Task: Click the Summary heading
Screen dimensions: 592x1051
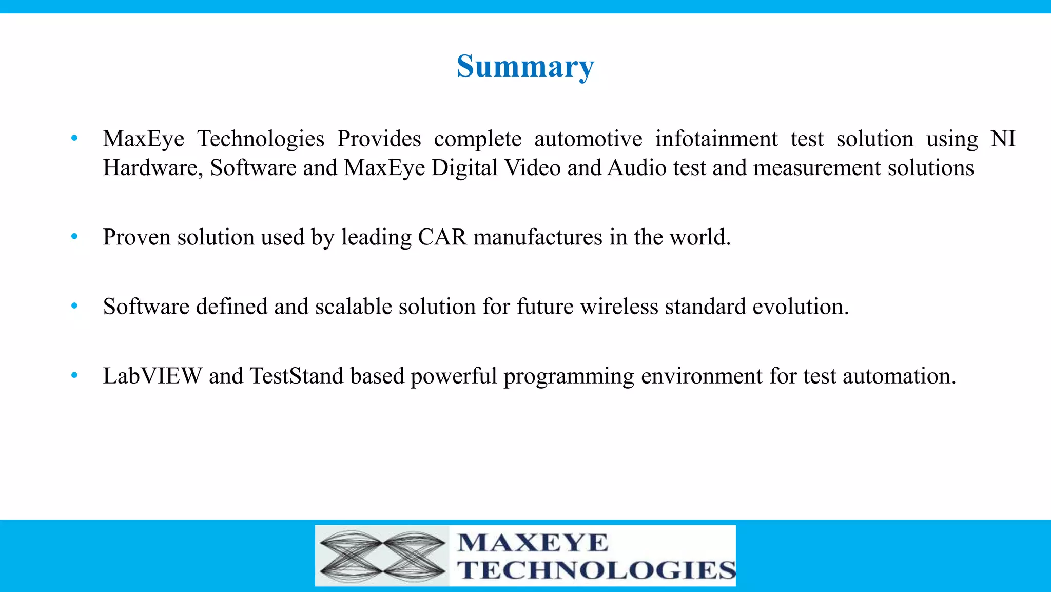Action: (525, 67)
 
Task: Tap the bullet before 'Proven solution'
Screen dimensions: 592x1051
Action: (74, 237)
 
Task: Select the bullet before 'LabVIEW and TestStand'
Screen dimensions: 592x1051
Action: (74, 376)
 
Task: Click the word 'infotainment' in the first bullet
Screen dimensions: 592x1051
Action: (716, 139)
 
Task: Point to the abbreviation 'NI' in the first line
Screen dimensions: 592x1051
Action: (1002, 139)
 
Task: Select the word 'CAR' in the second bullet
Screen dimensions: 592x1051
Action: (442, 237)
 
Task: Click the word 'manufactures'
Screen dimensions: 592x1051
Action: (537, 237)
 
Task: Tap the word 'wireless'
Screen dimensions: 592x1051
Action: (619, 307)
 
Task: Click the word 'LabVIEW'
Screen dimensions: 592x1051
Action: (152, 376)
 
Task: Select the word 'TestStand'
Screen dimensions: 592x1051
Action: (297, 376)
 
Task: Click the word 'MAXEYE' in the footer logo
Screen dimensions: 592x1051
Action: (533, 543)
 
